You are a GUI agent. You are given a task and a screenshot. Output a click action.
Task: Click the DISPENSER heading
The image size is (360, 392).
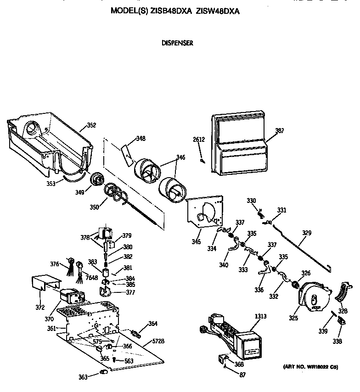click(177, 43)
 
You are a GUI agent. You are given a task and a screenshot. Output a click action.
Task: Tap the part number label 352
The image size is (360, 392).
click(91, 125)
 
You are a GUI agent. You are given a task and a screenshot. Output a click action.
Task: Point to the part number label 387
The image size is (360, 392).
click(279, 131)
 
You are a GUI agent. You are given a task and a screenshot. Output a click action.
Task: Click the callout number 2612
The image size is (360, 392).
click(198, 140)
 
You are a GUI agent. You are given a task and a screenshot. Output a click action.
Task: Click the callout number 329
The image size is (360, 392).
click(306, 233)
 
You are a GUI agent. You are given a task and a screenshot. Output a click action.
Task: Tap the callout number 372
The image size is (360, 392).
click(39, 307)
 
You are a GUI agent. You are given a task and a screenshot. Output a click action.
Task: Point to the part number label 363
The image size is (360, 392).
click(83, 377)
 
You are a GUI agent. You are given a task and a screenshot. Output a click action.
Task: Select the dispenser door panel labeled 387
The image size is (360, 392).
click(239, 145)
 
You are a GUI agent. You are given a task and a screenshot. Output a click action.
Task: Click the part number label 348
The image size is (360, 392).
click(141, 138)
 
